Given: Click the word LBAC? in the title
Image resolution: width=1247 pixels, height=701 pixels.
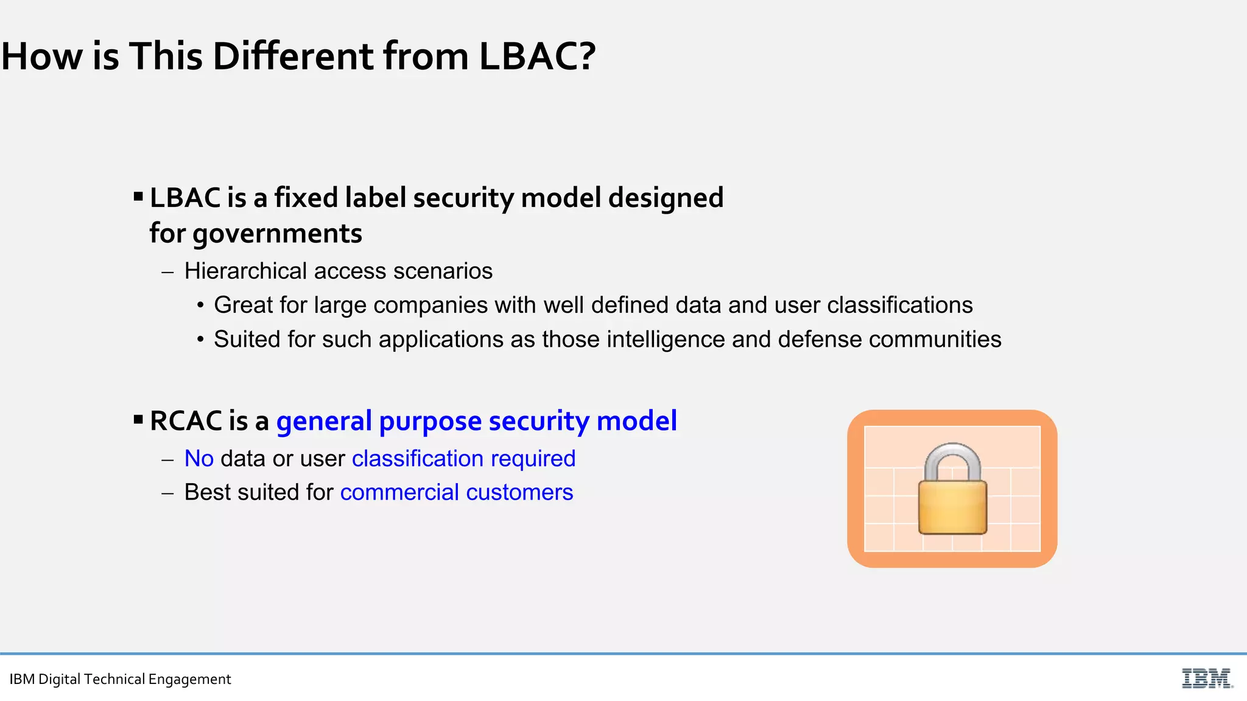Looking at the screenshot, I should (x=537, y=57).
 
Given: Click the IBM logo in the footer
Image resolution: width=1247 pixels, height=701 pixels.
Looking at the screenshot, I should (x=1207, y=678).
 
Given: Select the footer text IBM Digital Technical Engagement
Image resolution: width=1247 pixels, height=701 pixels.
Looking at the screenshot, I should (x=120, y=679).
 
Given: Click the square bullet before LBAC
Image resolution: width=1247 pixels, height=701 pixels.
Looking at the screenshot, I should (x=138, y=196).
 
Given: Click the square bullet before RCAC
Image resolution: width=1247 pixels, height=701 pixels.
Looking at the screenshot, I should (x=138, y=419).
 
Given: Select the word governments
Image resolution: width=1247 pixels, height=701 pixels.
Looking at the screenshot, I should (x=277, y=234).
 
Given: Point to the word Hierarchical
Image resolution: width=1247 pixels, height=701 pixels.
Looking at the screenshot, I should (x=245, y=271).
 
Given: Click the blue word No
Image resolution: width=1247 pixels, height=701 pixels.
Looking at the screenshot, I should (x=199, y=459).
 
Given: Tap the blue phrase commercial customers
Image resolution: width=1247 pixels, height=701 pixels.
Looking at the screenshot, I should (x=457, y=492).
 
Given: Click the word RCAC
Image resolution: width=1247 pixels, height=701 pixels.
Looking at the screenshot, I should (x=185, y=421).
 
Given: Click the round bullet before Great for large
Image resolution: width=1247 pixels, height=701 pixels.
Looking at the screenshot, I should (x=200, y=305).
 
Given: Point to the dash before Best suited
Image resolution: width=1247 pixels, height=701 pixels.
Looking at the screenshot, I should (x=167, y=492).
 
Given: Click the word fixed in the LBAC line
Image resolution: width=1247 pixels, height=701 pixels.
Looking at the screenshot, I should (x=305, y=198).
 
